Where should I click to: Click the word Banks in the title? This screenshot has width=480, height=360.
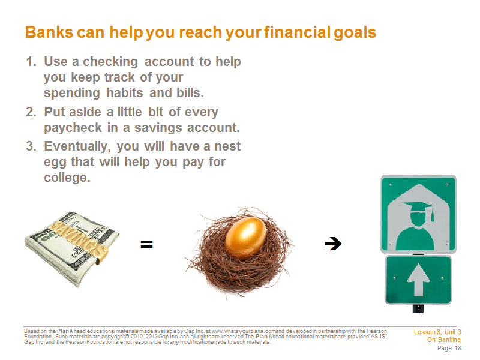click(x=49, y=32)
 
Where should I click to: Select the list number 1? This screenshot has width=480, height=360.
click(x=31, y=62)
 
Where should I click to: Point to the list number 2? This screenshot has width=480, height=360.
click(x=31, y=112)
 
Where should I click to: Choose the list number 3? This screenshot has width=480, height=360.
click(x=31, y=146)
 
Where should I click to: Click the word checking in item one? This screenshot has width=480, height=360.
click(x=110, y=62)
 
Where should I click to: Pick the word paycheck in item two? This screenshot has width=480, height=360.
click(x=73, y=128)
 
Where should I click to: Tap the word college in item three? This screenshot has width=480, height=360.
click(x=67, y=178)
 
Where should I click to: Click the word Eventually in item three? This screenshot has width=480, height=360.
click(x=77, y=147)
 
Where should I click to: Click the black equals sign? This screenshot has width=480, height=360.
click(x=146, y=244)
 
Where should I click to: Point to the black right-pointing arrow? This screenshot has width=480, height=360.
click(x=333, y=244)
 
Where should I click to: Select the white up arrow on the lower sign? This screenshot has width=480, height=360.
click(x=418, y=280)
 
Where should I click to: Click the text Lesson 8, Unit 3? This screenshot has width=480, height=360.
click(x=437, y=332)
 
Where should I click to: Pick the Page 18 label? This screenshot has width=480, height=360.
click(x=449, y=348)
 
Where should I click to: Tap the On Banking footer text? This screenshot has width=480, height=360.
click(x=444, y=340)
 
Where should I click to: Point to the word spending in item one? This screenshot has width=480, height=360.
click(x=72, y=94)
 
